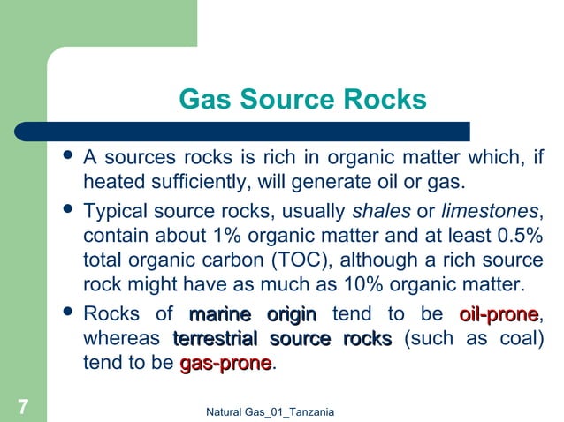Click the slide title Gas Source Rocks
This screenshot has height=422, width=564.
[302, 98]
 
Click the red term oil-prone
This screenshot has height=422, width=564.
[499, 314]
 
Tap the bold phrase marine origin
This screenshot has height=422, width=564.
[252, 314]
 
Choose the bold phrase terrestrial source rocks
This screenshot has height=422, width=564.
[282, 339]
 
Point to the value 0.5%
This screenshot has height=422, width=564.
[514, 237]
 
